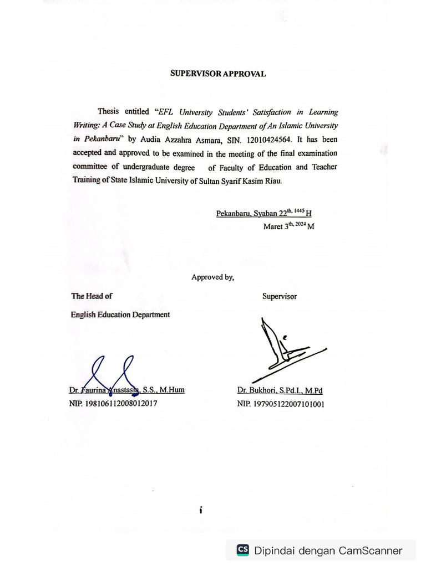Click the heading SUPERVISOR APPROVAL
point(218,74)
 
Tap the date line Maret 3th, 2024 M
point(288,226)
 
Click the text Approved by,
point(212,277)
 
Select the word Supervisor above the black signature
point(279,296)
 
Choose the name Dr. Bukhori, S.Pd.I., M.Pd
point(280,390)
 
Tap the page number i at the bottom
point(201,511)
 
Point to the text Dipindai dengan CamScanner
point(328,550)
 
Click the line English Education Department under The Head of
point(120,315)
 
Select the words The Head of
point(92,296)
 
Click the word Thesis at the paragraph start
point(108,112)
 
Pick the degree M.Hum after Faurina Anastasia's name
point(173,390)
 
